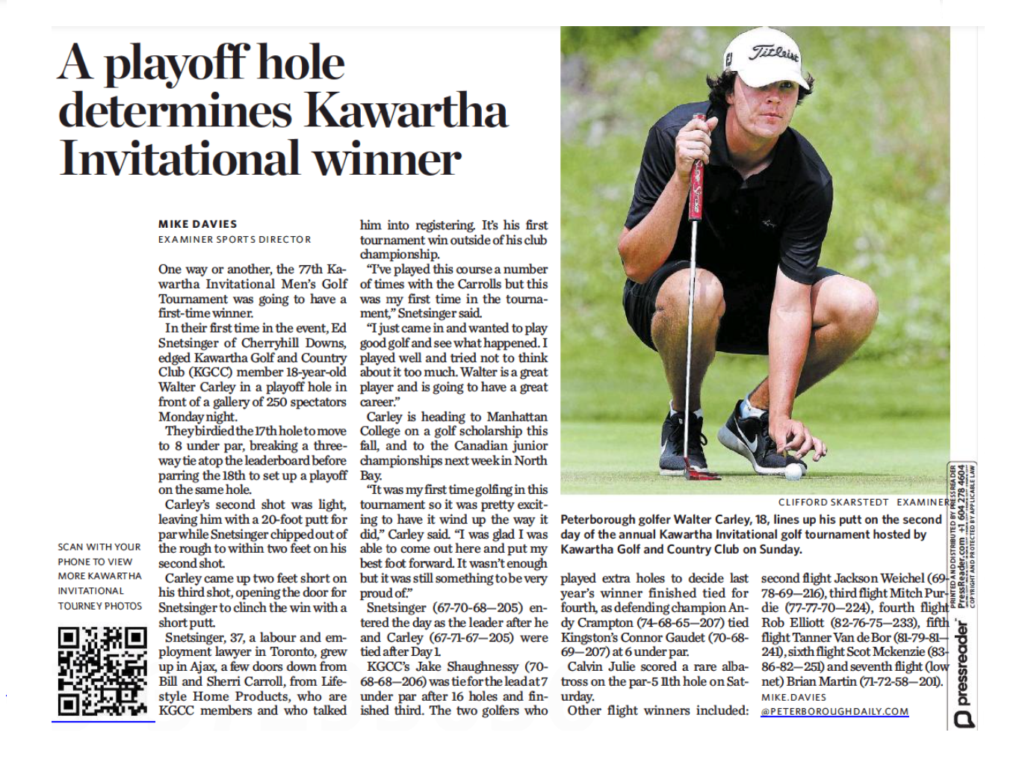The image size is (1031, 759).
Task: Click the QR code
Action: click(102, 671)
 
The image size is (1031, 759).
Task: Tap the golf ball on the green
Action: click(793, 471)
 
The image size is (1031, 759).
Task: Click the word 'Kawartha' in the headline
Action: click(407, 112)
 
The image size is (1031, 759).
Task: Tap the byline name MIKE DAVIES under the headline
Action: click(197, 224)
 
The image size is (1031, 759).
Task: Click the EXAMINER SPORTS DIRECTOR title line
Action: click(235, 240)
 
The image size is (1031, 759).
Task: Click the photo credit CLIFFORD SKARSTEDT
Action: click(833, 502)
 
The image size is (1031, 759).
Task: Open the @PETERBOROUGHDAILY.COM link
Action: click(835, 711)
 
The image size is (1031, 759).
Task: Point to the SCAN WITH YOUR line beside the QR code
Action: click(99, 547)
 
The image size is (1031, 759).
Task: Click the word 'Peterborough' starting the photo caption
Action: click(596, 519)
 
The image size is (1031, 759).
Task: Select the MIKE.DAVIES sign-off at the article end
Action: click(793, 697)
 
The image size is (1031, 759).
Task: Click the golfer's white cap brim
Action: click(777, 75)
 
